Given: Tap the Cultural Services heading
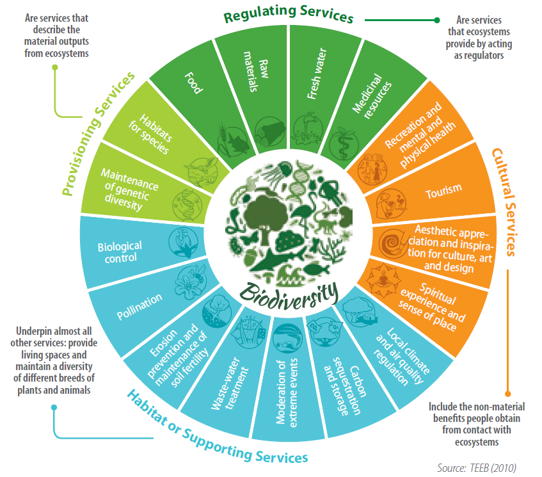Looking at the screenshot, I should [506, 201].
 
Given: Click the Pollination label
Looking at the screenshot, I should [139, 298].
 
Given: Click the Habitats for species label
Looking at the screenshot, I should [147, 135].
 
